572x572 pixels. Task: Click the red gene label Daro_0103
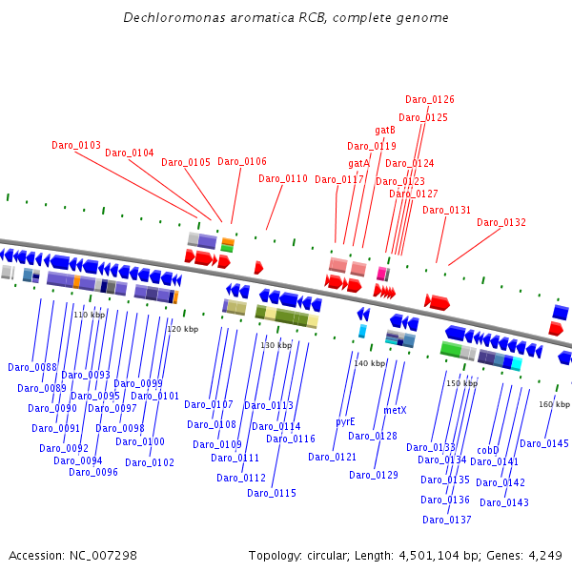click(76, 145)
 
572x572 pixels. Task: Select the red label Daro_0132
click(501, 222)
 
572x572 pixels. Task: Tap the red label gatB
click(385, 130)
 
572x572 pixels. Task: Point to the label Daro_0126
click(430, 99)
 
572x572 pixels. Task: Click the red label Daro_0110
click(283, 178)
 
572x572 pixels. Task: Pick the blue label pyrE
click(345, 421)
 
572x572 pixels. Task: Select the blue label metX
click(395, 410)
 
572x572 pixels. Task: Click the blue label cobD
click(488, 450)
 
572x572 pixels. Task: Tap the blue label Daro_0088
click(32, 367)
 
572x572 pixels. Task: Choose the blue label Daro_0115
click(272, 493)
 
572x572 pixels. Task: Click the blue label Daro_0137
click(447, 520)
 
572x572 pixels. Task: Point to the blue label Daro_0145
click(544, 443)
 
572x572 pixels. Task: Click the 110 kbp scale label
click(89, 315)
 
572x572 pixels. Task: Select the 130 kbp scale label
click(276, 345)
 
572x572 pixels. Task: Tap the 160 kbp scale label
click(554, 404)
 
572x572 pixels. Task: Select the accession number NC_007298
click(105, 555)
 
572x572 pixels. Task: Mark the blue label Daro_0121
click(333, 457)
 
